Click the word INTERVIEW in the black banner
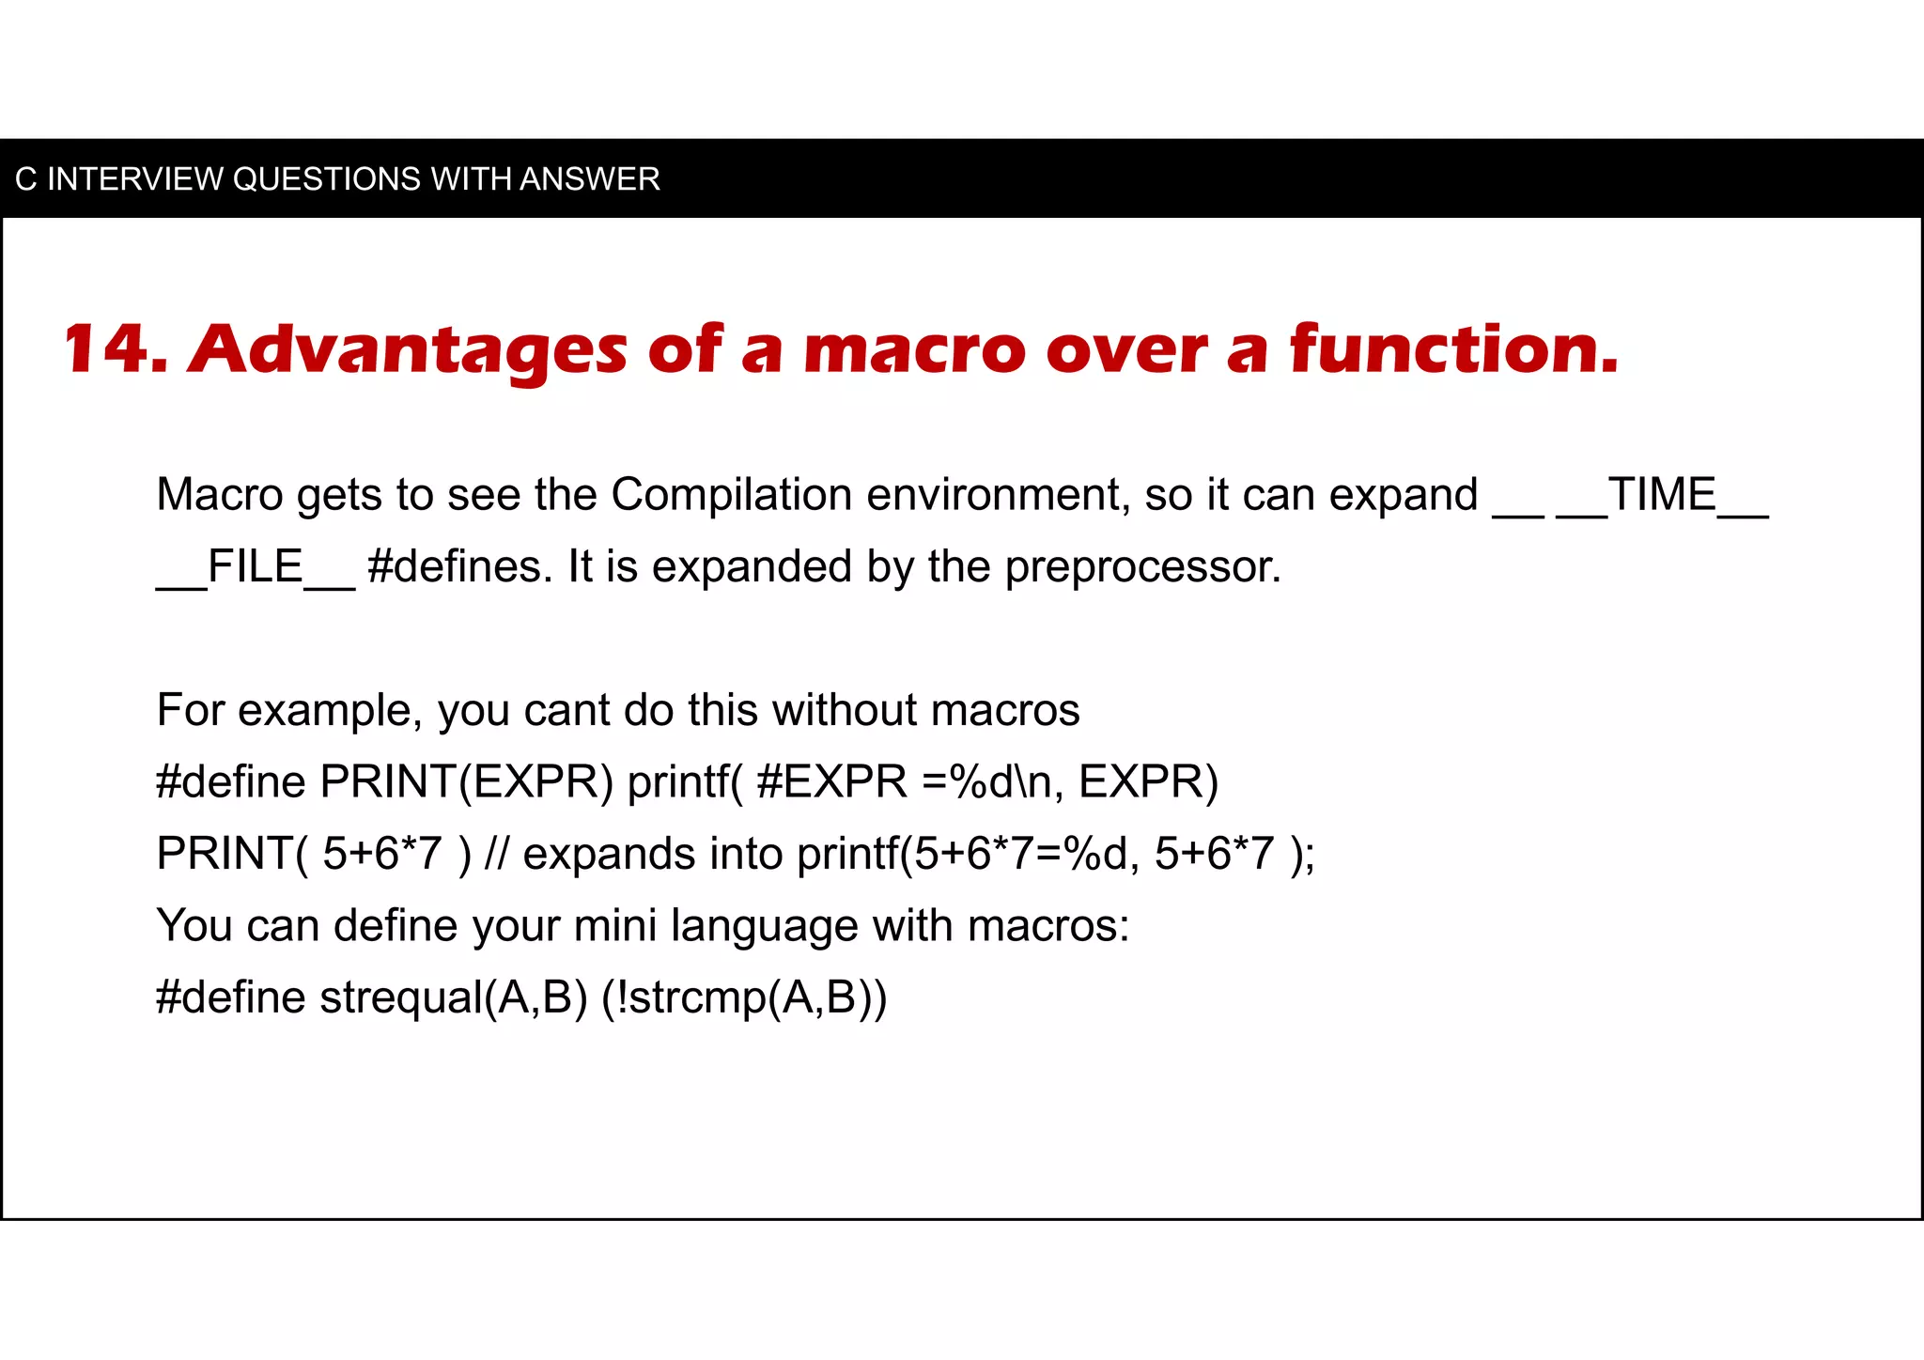point(134,178)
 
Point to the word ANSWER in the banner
point(590,178)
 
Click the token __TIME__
point(1662,495)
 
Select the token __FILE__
point(255,567)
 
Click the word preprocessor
point(1142,567)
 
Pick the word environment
point(998,495)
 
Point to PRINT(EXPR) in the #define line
point(466,781)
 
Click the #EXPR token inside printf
point(831,781)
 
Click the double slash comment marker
point(496,854)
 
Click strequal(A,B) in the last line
point(453,997)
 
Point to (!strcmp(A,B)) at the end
point(743,997)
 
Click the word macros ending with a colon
point(1047,926)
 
